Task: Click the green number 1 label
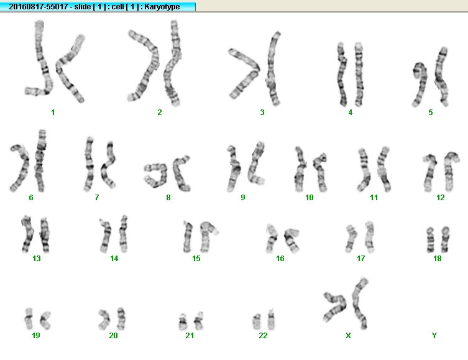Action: click(53, 113)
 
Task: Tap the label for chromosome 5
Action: click(430, 113)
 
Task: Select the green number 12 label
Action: click(440, 197)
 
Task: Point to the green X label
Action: click(348, 336)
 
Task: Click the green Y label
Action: click(434, 336)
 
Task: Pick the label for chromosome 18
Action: click(438, 258)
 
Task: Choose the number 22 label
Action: click(263, 336)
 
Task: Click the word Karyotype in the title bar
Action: click(162, 7)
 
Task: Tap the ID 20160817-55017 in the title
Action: click(38, 6)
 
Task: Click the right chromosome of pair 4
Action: click(359, 75)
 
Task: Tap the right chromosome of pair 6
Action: click(40, 161)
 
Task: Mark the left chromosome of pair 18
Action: click(430, 240)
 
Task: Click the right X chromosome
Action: click(359, 303)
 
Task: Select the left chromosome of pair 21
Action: click(183, 322)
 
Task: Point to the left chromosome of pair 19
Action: click(29, 318)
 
